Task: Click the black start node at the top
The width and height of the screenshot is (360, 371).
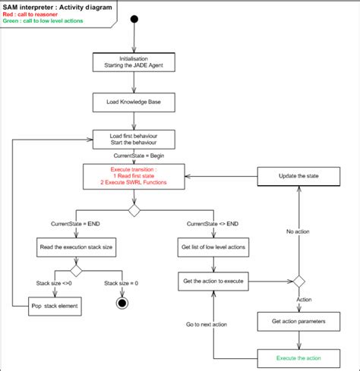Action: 134,19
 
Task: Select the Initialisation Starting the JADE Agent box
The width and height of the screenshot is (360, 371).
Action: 134,62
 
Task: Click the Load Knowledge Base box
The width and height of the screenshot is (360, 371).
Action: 134,100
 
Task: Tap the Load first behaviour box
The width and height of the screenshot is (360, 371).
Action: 134,139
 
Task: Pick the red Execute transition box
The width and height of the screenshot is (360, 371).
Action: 134,176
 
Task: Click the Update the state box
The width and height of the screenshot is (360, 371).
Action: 298,176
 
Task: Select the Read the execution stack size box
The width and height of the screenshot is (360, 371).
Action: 75,247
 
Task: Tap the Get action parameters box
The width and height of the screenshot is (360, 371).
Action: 298,321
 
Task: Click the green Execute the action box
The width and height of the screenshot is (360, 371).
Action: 298,357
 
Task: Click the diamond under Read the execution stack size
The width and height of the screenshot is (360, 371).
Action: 75,270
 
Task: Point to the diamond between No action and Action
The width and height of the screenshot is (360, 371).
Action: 298,281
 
